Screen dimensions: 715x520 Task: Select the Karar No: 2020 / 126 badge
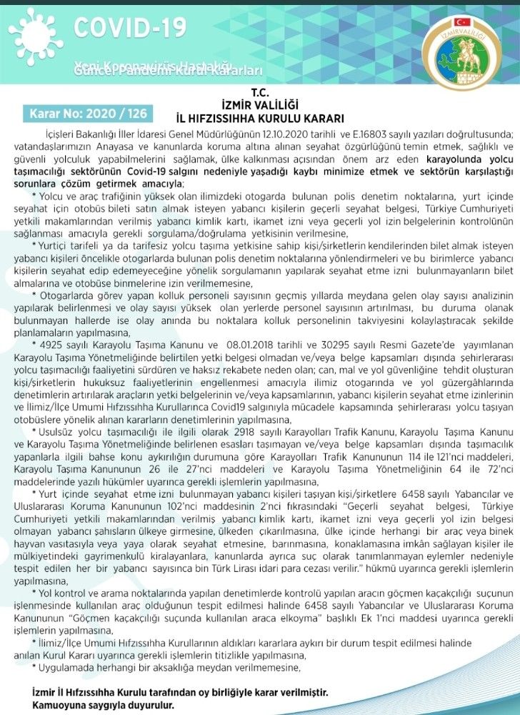(x=89, y=113)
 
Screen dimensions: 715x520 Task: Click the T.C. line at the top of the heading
(x=259, y=92)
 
